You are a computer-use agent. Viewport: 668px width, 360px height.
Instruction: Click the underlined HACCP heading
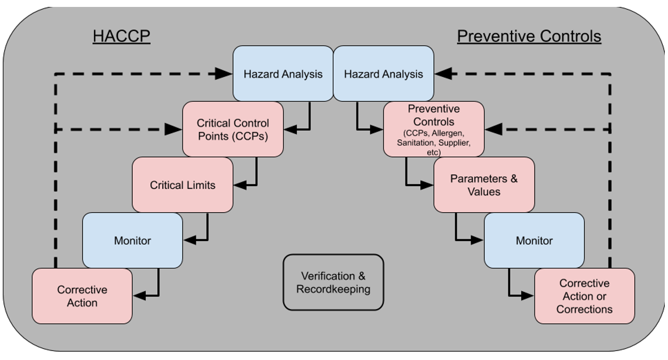[121, 36]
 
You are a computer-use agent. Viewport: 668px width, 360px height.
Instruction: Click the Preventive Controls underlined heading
[529, 36]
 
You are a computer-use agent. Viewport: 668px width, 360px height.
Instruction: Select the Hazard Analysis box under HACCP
[283, 74]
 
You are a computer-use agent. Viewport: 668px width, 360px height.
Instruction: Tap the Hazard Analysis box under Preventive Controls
[383, 74]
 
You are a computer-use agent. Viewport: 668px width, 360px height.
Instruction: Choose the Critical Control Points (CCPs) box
[233, 130]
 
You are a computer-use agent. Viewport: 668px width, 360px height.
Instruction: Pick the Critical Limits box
[182, 185]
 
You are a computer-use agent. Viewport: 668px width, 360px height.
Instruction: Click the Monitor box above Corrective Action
[132, 241]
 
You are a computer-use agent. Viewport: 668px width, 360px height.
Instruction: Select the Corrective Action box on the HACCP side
[82, 296]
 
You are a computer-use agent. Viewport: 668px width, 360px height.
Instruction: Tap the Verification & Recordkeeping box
[333, 282]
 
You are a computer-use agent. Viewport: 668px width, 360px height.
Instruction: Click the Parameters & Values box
[483, 185]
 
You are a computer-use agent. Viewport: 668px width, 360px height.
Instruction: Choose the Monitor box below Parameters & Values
[534, 241]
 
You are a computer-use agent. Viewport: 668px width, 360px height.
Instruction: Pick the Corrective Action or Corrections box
[584, 296]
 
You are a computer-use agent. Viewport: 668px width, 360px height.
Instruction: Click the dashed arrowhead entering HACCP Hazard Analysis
[224, 74]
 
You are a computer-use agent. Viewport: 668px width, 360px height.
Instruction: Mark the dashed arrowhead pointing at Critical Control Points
[173, 129]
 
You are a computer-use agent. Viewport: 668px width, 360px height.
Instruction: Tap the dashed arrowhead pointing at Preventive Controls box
[494, 129]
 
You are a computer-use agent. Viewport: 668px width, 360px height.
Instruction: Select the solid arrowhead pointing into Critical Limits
[241, 185]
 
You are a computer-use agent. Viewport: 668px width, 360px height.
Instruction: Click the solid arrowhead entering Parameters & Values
[427, 185]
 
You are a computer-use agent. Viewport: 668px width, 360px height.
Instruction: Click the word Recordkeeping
[333, 289]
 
